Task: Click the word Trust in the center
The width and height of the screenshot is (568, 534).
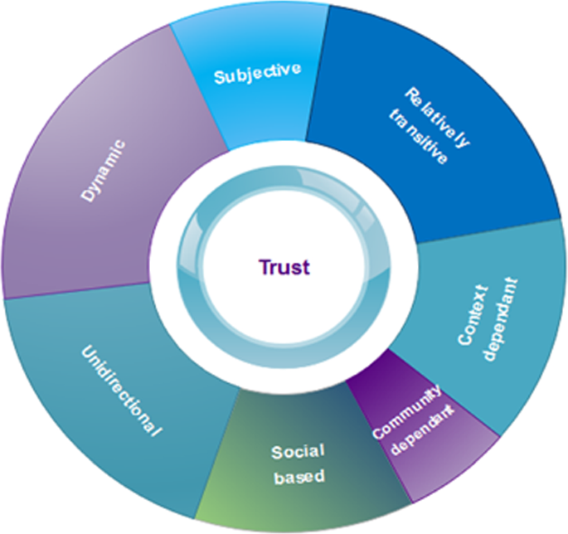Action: click(x=284, y=267)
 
